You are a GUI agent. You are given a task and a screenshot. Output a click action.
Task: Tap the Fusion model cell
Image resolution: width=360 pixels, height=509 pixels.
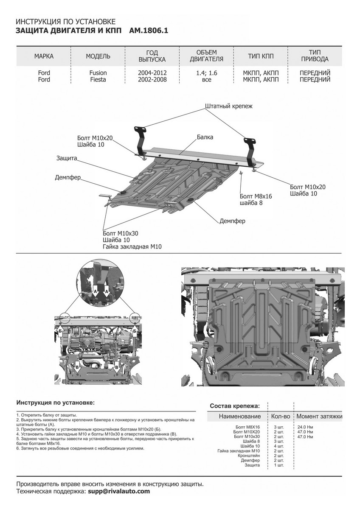[x=98, y=73]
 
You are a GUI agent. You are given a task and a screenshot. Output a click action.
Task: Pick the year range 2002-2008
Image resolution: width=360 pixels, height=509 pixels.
[x=152, y=79]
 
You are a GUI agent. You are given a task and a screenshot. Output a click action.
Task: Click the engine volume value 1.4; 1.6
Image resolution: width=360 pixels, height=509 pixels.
[x=207, y=73]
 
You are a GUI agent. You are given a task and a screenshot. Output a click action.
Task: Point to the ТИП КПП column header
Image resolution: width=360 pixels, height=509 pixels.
[x=261, y=56]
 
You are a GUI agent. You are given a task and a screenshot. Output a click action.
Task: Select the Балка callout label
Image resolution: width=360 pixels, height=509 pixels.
[x=205, y=137]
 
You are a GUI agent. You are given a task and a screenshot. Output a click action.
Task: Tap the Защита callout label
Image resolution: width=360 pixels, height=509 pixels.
[x=66, y=158]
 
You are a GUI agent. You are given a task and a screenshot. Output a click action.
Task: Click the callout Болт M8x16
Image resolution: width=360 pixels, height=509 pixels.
[x=256, y=196]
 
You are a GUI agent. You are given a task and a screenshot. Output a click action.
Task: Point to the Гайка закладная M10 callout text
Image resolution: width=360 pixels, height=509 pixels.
[x=132, y=246]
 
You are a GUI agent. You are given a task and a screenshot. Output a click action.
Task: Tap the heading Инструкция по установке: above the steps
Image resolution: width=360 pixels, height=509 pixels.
[x=55, y=402]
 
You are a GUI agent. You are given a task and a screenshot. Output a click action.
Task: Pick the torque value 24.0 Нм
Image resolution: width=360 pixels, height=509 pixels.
[x=305, y=426]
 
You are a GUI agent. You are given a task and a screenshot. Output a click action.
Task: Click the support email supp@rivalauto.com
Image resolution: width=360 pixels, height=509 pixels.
[x=118, y=491]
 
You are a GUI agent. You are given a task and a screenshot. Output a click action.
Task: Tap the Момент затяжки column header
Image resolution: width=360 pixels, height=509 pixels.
[x=319, y=416]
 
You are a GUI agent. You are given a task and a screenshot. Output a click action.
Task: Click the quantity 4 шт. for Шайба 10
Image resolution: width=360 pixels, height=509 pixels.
[x=278, y=446]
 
